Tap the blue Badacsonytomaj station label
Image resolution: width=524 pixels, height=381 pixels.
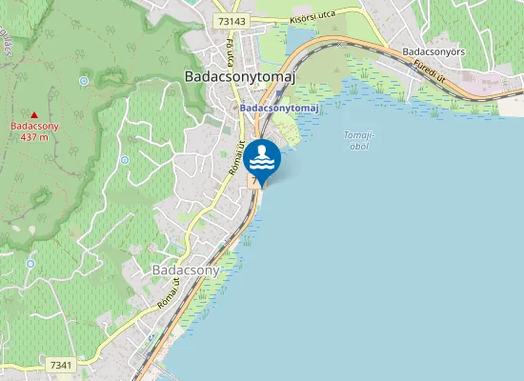coord(278,109)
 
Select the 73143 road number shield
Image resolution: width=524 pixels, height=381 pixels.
coord(231,20)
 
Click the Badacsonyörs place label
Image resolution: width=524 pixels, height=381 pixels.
coord(433,51)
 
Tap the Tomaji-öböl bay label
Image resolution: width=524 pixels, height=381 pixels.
coord(358,140)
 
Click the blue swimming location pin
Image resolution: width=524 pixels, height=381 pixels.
coord(261,159)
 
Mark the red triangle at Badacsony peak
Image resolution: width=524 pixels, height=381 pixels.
coord(34,115)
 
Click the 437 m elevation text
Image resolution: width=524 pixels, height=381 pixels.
coord(34,136)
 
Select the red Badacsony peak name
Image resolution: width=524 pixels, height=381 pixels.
coord(34,126)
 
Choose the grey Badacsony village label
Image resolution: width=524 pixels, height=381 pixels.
coord(186,270)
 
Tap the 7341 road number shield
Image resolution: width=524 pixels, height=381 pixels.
coord(61,365)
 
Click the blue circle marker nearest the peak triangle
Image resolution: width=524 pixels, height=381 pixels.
coord(85,81)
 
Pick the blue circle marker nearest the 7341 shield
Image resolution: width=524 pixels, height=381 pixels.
coord(31,264)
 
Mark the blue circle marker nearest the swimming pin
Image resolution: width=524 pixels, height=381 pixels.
coord(125,160)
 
